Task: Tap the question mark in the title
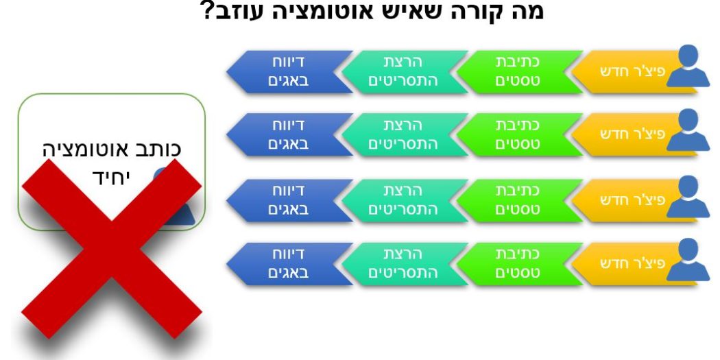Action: point(210,10)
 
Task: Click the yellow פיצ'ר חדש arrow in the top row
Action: point(634,71)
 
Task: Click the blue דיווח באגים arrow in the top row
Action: point(290,71)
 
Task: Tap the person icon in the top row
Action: point(688,66)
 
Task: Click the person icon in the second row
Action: point(688,130)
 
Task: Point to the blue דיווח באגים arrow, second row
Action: point(290,134)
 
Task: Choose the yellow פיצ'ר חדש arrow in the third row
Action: point(634,200)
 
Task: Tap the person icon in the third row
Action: point(688,197)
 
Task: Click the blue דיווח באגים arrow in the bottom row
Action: point(290,263)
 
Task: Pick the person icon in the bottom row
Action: point(688,259)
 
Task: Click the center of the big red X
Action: point(112,248)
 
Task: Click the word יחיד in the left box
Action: point(112,177)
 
